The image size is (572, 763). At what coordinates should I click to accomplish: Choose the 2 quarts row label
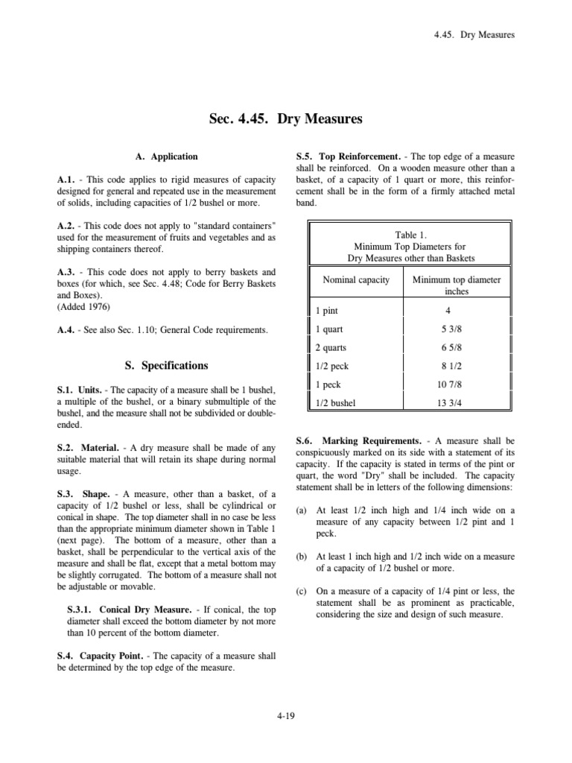click(331, 348)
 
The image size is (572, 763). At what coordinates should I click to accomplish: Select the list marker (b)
click(301, 557)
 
